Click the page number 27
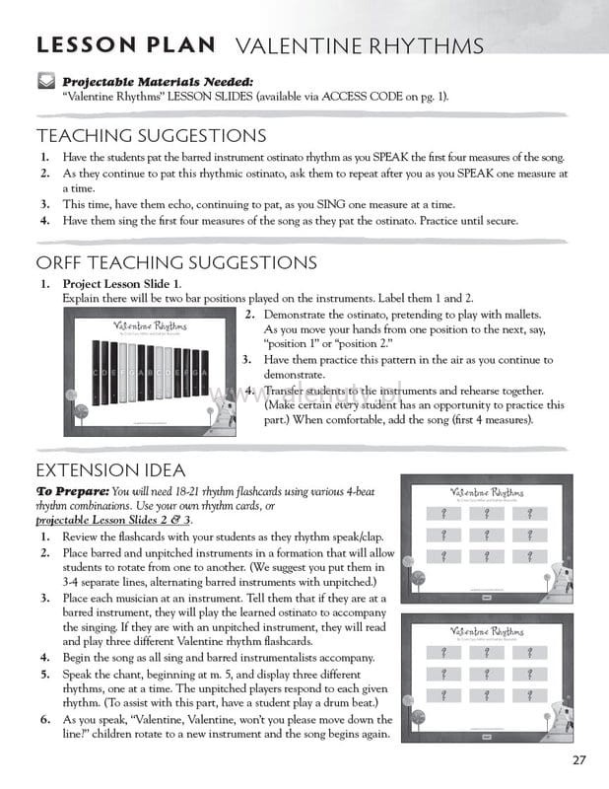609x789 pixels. pyautogui.click(x=578, y=758)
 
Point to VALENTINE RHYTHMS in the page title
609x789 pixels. pyautogui.click(x=360, y=46)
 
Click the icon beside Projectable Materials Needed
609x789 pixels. pyautogui.click(x=46, y=81)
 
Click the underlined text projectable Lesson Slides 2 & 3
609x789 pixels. pyautogui.click(x=113, y=519)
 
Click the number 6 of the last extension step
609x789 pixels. pyautogui.click(x=45, y=722)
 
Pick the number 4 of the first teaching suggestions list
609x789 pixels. pyautogui.click(x=45, y=221)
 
